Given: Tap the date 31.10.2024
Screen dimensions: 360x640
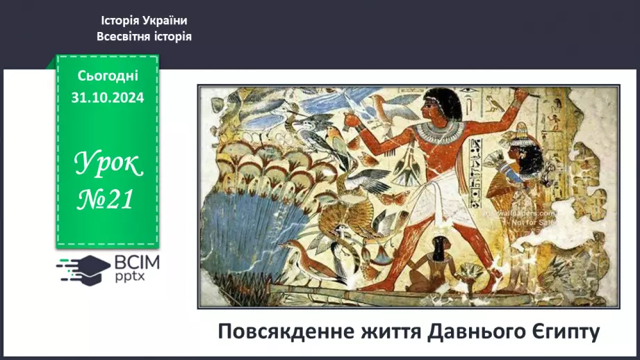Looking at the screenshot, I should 108,98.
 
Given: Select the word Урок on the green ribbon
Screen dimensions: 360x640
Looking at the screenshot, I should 108,165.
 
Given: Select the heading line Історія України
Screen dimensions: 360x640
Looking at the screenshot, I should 144,21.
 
